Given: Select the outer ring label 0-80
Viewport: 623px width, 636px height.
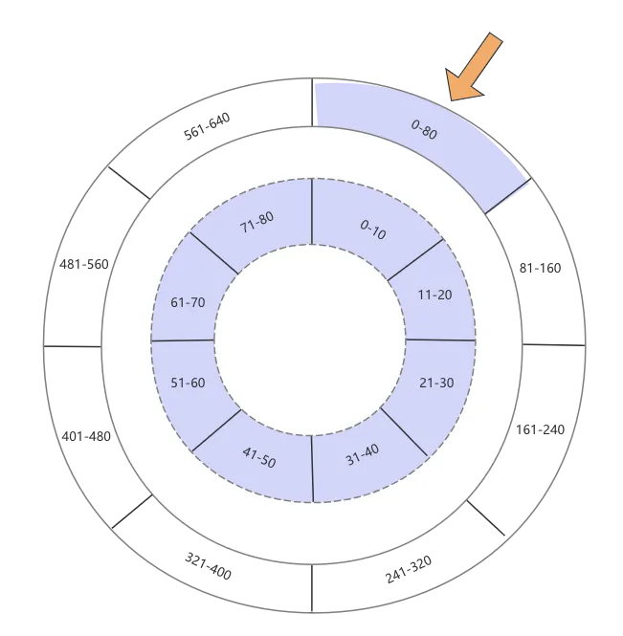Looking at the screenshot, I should coord(424,131).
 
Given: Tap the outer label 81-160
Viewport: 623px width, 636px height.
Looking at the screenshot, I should coord(540,269).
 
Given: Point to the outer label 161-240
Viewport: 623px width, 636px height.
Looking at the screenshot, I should coord(540,429).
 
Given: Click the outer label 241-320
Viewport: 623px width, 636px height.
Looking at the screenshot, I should coord(409,568).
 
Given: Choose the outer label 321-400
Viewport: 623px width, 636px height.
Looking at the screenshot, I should coord(208,567).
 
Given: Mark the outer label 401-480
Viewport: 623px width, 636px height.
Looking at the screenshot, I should coord(86,436).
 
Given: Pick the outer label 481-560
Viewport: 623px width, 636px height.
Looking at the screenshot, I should coord(84,264).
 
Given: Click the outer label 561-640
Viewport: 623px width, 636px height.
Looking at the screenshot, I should coord(207,127).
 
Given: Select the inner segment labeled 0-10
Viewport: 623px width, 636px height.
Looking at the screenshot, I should coord(373,230).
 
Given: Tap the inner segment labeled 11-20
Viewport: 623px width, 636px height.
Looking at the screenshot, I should coord(435,295).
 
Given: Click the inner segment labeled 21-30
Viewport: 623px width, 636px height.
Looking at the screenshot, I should coord(436,383).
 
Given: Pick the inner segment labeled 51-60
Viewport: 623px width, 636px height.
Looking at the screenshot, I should coord(188,383).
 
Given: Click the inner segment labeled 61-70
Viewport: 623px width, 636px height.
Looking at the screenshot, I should coord(188,302).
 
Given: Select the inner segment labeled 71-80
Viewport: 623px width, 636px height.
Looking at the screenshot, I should coord(256,222).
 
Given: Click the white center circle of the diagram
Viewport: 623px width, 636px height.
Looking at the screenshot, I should coord(311,340).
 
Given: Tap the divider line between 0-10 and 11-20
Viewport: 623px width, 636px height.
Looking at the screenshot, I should coord(415,259).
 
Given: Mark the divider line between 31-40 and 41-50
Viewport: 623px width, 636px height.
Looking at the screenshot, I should coord(312,469).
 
